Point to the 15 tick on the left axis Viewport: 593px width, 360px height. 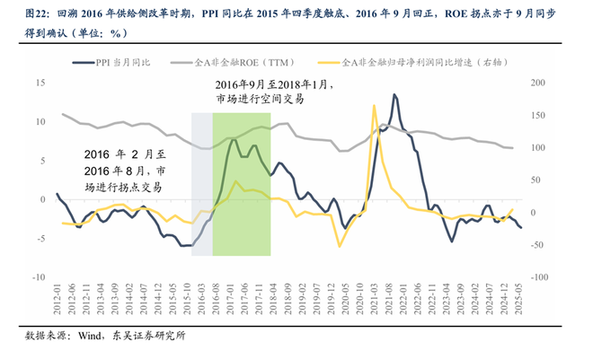[40, 83]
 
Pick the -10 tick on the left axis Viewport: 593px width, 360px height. [39, 277]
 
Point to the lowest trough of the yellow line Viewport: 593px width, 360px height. [340, 246]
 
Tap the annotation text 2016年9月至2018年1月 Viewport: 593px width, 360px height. [273, 83]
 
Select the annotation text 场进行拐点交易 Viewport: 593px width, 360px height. [123, 187]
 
